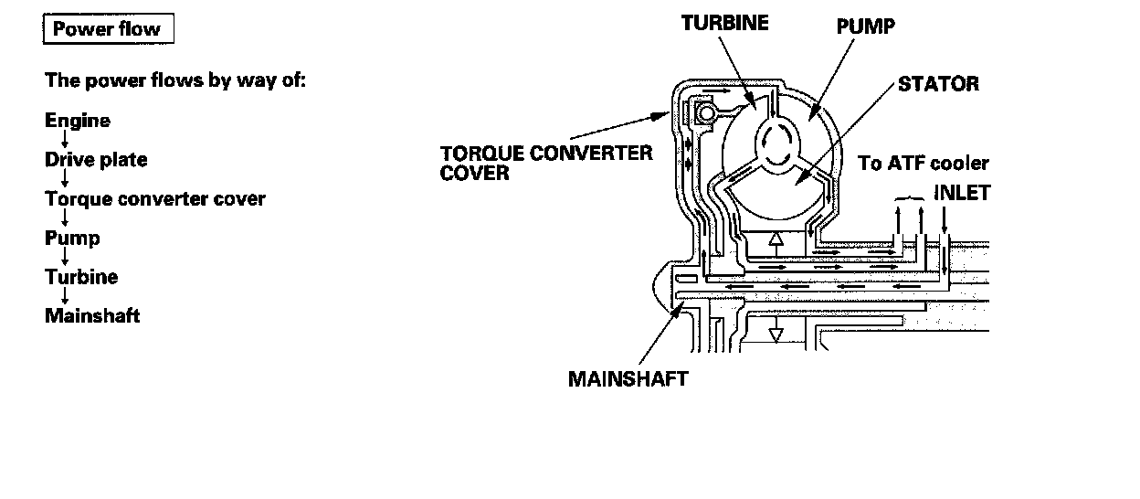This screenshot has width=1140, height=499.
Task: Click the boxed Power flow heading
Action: [x=107, y=29]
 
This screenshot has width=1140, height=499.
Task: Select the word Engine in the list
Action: [x=78, y=121]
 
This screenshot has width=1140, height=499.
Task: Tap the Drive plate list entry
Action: [x=96, y=160]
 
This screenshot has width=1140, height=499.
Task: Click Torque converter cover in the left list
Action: [x=155, y=198]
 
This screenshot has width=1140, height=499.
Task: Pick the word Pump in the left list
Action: [x=72, y=239]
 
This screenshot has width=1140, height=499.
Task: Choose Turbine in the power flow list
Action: [x=81, y=277]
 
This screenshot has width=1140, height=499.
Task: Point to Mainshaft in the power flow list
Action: [x=92, y=316]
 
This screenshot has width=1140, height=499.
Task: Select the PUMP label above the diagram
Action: [x=865, y=26]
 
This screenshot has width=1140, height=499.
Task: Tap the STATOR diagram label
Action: [x=938, y=84]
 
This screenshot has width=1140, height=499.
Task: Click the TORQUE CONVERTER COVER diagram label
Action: [x=546, y=162]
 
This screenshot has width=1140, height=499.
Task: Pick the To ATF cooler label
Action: [x=924, y=164]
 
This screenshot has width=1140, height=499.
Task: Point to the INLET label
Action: [x=962, y=194]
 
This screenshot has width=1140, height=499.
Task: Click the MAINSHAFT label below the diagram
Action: [x=628, y=378]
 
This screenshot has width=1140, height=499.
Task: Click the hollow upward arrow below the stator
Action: [x=776, y=242]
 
